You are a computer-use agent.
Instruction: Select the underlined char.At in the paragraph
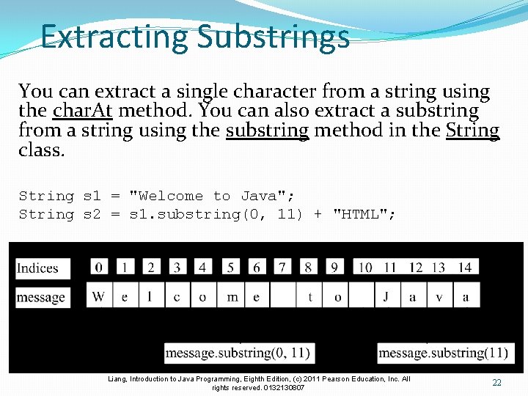[x=83, y=111]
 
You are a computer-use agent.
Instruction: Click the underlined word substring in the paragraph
[x=268, y=131]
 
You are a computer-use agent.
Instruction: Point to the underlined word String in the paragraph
[x=472, y=131]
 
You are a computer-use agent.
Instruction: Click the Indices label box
[x=42, y=268]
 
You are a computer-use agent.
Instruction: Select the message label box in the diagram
[x=42, y=297]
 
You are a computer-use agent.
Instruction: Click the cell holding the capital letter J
[x=386, y=296]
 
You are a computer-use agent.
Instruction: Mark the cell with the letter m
[x=232, y=296]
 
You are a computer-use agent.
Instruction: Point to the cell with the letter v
[x=439, y=296]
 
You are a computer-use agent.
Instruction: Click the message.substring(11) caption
[x=443, y=353]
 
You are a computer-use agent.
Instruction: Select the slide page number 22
[x=496, y=383]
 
